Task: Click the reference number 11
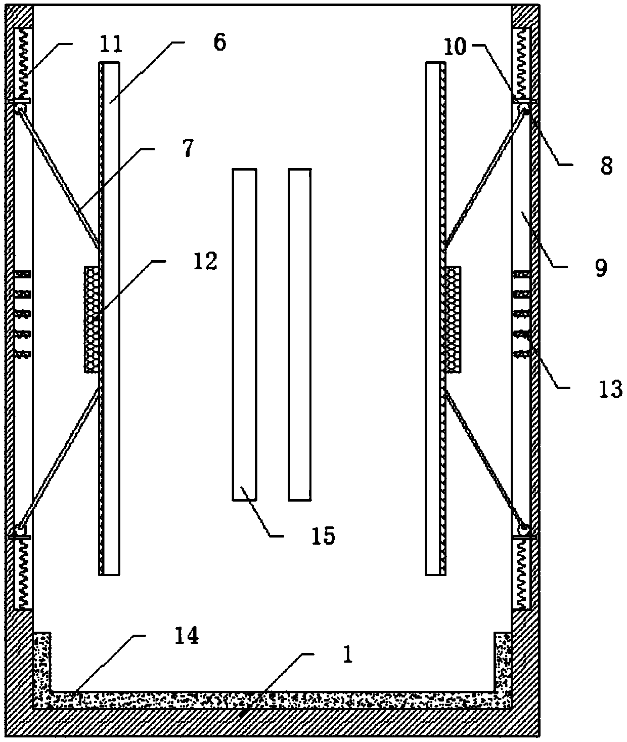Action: coord(111,44)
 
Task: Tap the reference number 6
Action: coord(219,43)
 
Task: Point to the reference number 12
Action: coord(205,261)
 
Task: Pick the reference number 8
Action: coord(606,165)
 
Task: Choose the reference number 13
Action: coord(609,389)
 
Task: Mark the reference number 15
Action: coord(324,535)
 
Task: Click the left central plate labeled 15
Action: coord(244,334)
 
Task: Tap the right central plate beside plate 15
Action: coord(299,334)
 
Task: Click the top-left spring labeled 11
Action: coord(21,63)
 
